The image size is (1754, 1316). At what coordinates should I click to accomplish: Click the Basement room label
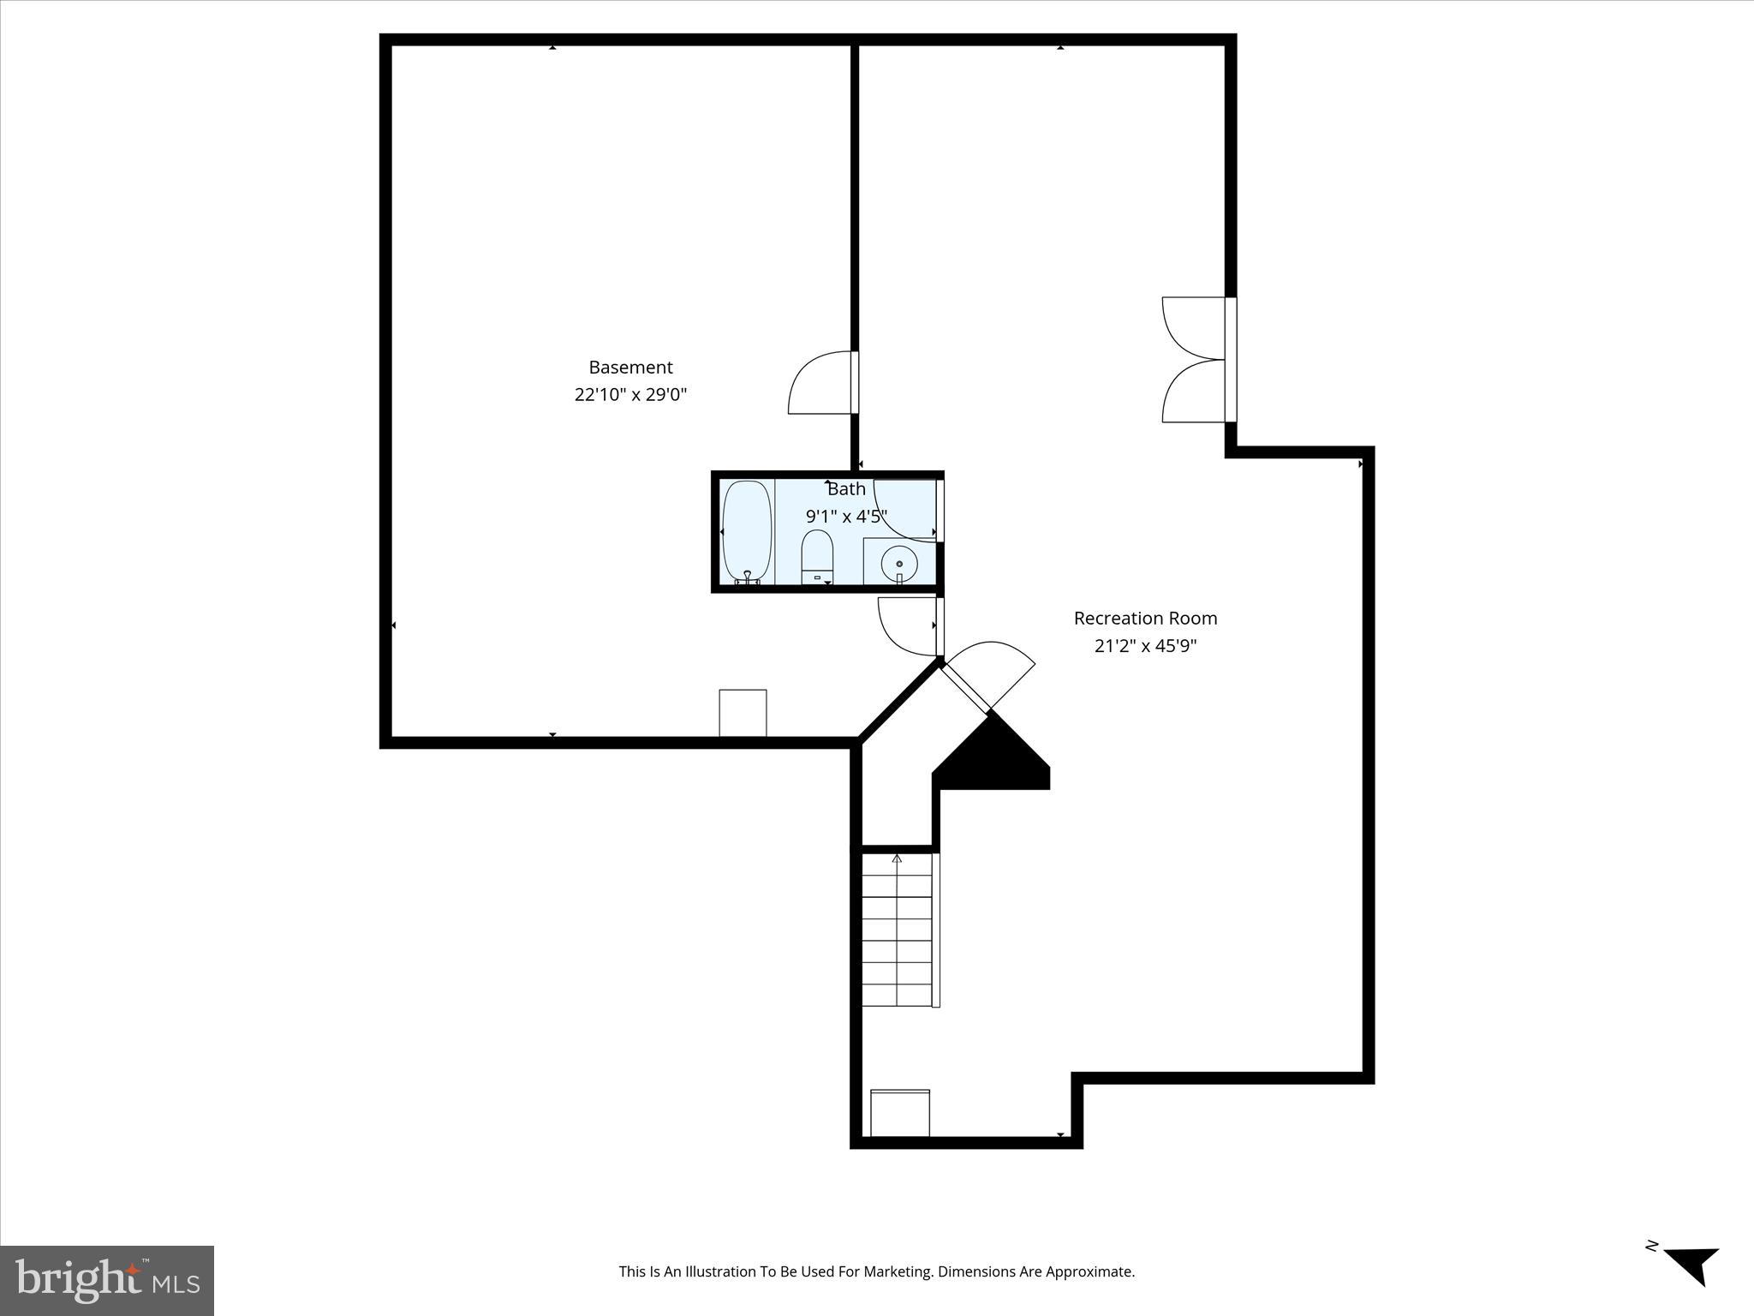pyautogui.click(x=630, y=368)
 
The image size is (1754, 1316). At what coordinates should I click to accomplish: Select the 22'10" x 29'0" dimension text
pyautogui.click(x=630, y=395)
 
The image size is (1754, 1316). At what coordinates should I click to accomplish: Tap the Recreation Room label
pyautogui.click(x=1145, y=618)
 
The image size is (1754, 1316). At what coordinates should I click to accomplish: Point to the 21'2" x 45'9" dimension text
pyautogui.click(x=1145, y=646)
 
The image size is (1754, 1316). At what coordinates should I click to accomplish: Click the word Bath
pyautogui.click(x=846, y=489)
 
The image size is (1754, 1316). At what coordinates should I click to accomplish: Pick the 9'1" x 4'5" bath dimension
pyautogui.click(x=846, y=517)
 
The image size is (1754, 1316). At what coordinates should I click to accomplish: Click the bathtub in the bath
pyautogui.click(x=747, y=532)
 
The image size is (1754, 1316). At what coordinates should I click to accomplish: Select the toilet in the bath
pyautogui.click(x=817, y=557)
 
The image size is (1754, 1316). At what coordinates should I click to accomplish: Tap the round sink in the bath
pyautogui.click(x=899, y=563)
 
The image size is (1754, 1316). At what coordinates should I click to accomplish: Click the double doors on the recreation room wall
pyautogui.click(x=1195, y=360)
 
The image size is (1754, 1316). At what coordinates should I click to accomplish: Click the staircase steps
pyautogui.click(x=897, y=930)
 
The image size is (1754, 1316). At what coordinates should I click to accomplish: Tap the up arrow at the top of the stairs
pyautogui.click(x=897, y=858)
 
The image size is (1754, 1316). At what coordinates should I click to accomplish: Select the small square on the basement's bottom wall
pyautogui.click(x=743, y=712)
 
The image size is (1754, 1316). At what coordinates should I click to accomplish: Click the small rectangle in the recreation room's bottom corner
pyautogui.click(x=899, y=1113)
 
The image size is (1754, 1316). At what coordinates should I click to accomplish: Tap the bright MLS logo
pyautogui.click(x=107, y=1280)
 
